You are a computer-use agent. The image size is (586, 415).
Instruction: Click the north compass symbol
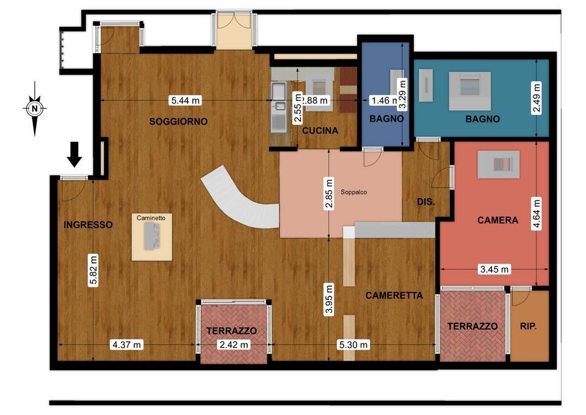click(x=35, y=109)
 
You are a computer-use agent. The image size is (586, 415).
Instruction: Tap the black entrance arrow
click(x=74, y=154)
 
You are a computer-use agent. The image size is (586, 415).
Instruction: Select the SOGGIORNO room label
click(x=178, y=121)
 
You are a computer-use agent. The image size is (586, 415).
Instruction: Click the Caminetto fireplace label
click(x=151, y=218)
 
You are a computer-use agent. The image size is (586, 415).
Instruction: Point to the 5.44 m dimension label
click(x=186, y=100)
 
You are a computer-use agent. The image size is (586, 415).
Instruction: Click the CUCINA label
click(x=320, y=131)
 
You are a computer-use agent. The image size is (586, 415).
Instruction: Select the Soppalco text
click(x=353, y=192)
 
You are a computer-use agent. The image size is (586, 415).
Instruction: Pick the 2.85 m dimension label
click(x=329, y=194)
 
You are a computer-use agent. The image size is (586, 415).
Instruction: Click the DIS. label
click(x=425, y=202)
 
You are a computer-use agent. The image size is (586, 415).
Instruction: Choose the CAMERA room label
click(x=498, y=220)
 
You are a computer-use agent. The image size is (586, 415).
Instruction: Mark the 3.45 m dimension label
click(x=494, y=269)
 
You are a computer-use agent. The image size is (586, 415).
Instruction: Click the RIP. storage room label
click(x=528, y=326)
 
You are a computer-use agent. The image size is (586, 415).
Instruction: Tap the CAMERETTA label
click(x=394, y=295)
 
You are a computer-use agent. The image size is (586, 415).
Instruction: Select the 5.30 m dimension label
click(x=353, y=344)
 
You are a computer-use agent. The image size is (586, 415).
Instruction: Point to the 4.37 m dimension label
click(x=127, y=344)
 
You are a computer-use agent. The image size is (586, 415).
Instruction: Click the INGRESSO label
click(x=88, y=224)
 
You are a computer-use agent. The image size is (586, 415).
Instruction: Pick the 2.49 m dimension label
click(x=537, y=97)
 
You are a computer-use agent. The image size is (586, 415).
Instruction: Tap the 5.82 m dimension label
click(x=93, y=270)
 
